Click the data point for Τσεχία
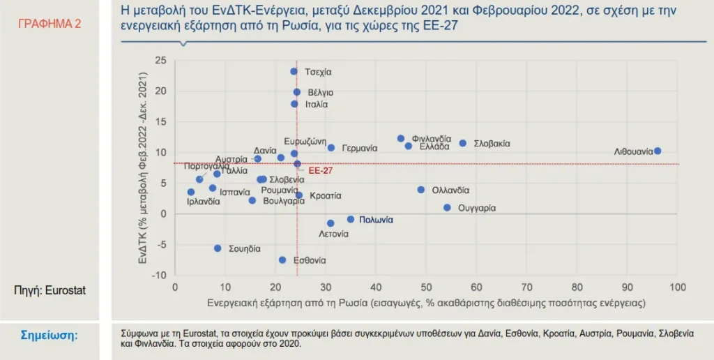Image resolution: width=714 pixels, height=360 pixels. (x=294, y=72)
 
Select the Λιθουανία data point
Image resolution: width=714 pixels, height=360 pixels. (x=658, y=151)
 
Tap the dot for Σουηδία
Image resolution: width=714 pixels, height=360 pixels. (x=218, y=248)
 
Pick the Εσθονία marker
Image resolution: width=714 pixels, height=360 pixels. (x=282, y=260)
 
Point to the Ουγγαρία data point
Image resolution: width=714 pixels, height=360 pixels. (x=447, y=208)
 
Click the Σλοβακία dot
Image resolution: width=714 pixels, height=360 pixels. (x=462, y=143)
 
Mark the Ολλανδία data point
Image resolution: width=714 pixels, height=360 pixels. (x=421, y=190)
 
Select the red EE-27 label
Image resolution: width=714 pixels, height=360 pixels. (x=320, y=170)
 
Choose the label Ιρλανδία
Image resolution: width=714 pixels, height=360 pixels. (x=204, y=202)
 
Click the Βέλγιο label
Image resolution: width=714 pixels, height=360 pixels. (x=320, y=92)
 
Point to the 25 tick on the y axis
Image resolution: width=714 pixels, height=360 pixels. (x=160, y=61)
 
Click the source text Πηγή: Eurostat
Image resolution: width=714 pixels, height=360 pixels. (x=50, y=290)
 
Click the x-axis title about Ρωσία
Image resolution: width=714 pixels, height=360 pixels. (x=425, y=303)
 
